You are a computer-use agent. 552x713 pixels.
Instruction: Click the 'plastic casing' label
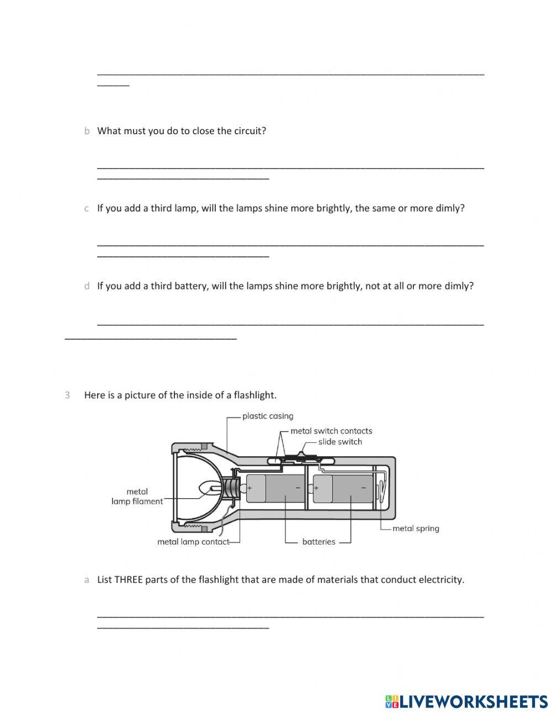(x=268, y=416)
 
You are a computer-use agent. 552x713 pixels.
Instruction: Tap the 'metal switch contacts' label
(x=331, y=431)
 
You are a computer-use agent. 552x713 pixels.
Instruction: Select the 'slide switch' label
(x=340, y=442)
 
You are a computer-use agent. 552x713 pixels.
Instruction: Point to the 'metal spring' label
(x=416, y=529)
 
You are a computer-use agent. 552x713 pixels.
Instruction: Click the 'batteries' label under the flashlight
(x=319, y=542)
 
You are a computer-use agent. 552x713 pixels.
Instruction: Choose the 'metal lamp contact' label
(x=193, y=542)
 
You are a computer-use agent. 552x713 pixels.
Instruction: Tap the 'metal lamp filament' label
(x=137, y=497)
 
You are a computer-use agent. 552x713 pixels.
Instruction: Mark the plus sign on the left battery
(x=250, y=488)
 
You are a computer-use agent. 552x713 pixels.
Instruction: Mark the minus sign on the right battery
(x=364, y=488)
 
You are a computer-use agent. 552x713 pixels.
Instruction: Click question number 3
(x=67, y=395)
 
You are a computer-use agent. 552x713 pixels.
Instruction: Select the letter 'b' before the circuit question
(x=87, y=131)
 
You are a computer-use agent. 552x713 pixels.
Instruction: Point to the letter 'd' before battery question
(x=87, y=286)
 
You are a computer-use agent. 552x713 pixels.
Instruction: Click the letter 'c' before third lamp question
(x=87, y=209)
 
